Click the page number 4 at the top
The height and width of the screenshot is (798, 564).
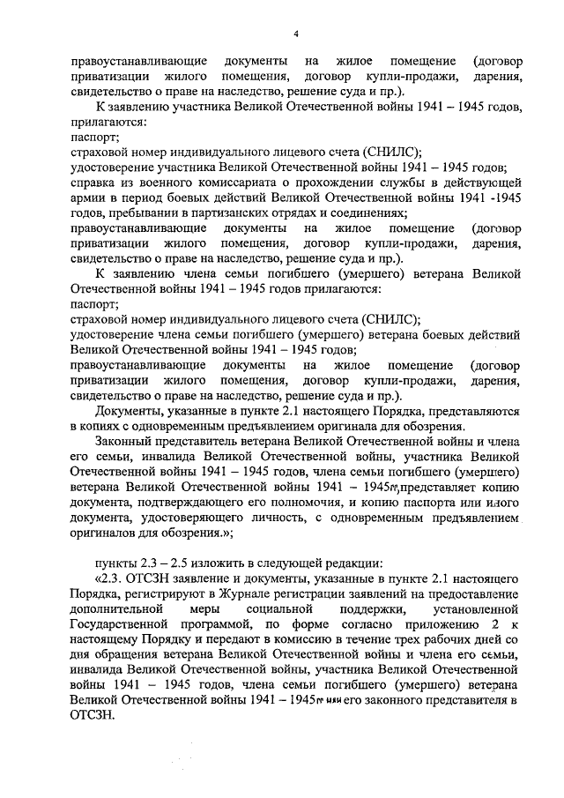point(296,34)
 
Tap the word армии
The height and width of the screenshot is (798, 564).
point(86,198)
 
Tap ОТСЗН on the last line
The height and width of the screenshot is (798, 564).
point(89,716)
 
